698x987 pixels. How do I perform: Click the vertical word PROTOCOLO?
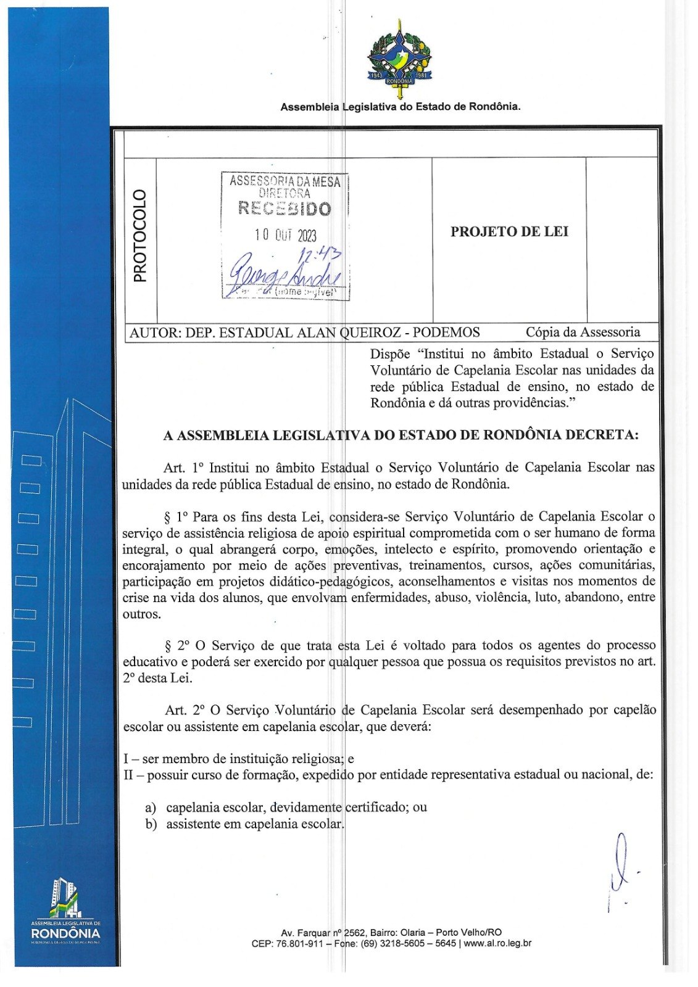tap(141, 236)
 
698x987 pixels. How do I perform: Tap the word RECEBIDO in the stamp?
tap(285, 209)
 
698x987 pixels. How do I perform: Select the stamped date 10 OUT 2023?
tap(285, 235)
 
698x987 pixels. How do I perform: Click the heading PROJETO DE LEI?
tap(509, 232)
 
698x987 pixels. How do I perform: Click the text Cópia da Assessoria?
tap(583, 332)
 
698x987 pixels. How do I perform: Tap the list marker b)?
tap(151, 824)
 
